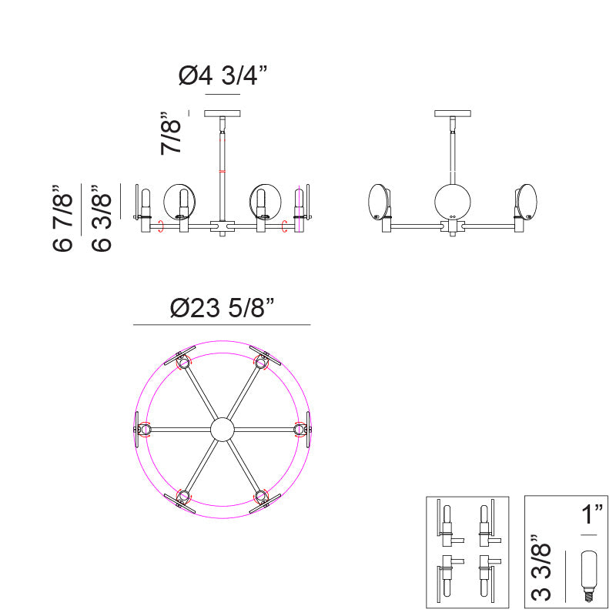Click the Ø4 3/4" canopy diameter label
coord(223,75)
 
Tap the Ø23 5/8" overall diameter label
coord(222,307)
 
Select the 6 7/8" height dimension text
coord(63,217)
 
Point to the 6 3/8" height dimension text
coord(102,218)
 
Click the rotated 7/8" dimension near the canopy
coord(171,133)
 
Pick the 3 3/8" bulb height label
coord(541,567)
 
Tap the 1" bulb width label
coord(591,514)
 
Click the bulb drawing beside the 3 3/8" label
coord(588,576)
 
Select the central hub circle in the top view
coord(223,430)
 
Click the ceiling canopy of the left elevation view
coord(223,113)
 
